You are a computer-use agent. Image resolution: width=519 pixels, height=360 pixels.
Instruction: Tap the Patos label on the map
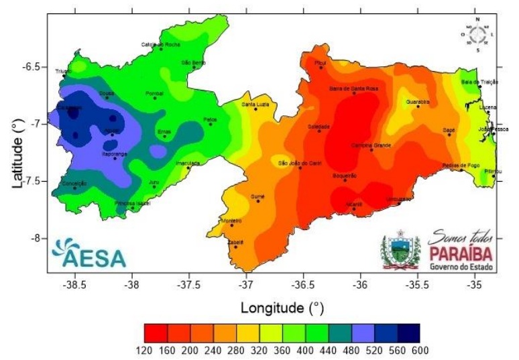coord(210,119)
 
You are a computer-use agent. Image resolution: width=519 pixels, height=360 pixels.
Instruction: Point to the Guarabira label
coord(418,101)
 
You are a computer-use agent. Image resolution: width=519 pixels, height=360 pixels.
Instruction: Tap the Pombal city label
coord(154,93)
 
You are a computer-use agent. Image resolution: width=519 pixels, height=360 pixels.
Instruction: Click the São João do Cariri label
coord(300,163)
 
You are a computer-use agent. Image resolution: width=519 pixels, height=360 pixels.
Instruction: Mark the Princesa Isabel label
coord(131,202)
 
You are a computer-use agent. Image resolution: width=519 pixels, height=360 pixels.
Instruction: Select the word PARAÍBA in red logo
coord(460,253)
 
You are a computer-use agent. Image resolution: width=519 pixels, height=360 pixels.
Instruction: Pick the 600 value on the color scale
coord(420,349)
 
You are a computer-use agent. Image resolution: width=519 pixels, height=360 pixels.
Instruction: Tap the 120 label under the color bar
coord(145,349)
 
